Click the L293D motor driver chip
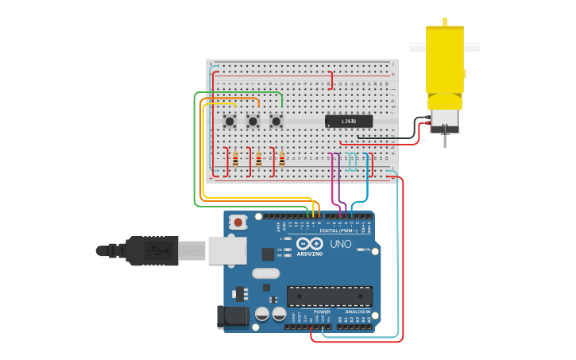tap(349, 121)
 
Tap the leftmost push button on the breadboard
tap(230, 121)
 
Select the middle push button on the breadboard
tap(253, 121)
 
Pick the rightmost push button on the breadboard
tap(276, 121)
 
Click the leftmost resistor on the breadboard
tap(235, 159)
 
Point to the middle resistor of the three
tap(258, 159)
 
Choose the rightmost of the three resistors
tap(281, 159)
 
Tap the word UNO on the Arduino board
tap(340, 244)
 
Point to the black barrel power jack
tap(234, 316)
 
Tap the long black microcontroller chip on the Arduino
tap(329, 296)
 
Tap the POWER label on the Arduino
tap(321, 312)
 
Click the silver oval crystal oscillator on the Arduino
tap(266, 273)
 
